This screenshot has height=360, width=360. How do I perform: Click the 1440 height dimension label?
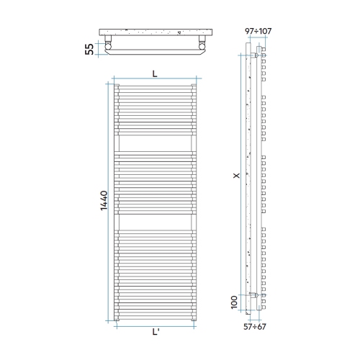[104, 202]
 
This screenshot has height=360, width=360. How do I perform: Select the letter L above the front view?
[155, 73]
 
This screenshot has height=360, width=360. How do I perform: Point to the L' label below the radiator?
[156, 332]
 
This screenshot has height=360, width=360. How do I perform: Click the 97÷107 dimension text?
[258, 32]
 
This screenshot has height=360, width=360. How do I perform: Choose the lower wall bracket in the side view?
[257, 295]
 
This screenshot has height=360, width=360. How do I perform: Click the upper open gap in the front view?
[155, 145]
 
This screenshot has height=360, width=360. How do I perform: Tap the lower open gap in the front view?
[155, 221]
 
